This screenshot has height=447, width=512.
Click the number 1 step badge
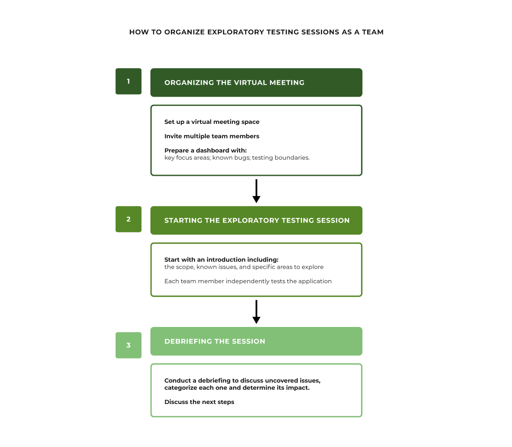point(128,81)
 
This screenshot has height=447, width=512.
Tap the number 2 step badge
point(128,219)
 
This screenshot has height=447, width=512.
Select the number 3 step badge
point(128,345)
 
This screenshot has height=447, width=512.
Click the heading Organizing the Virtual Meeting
point(234,83)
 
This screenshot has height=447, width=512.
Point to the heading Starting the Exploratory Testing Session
point(257,221)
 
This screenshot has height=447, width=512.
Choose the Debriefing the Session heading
point(215,341)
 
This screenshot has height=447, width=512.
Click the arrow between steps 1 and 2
point(256,191)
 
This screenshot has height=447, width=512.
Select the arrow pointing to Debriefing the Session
point(256,312)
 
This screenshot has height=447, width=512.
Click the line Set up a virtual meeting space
point(212,122)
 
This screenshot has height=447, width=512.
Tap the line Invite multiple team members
point(212,136)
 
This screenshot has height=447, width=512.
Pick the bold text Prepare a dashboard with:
point(205,150)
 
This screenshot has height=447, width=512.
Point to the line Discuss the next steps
point(199,402)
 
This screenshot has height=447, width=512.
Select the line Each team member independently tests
point(248,281)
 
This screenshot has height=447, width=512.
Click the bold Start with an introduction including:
point(221,260)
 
